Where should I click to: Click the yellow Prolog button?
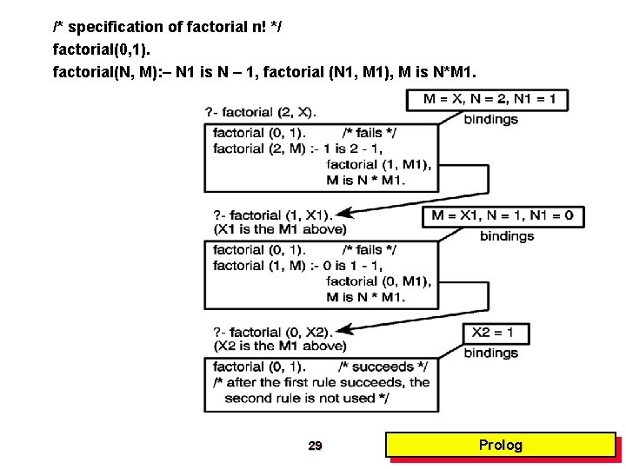501,446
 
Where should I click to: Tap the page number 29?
315,446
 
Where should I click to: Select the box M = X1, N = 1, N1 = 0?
503,215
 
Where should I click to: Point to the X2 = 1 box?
493,333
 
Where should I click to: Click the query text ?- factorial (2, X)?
261,111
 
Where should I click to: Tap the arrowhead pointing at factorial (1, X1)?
342,213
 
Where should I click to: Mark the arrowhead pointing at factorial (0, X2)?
342,329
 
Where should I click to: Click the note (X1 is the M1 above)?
279,229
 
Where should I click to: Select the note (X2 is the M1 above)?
279,347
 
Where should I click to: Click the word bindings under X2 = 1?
490,353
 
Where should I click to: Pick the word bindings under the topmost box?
490,119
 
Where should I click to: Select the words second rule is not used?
306,398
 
